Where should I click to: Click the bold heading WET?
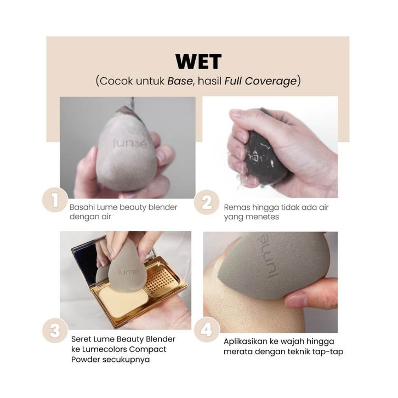(198, 61)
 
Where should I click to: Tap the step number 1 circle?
(55, 200)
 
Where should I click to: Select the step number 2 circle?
(207, 202)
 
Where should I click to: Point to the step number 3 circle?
(55, 331)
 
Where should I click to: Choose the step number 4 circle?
(207, 329)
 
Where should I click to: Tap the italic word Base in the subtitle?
(180, 81)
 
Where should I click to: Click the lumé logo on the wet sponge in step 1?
(130, 144)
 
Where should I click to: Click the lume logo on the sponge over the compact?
(129, 272)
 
